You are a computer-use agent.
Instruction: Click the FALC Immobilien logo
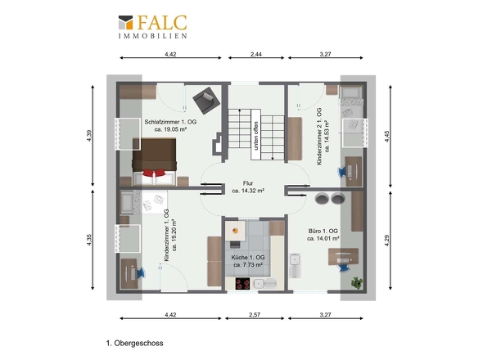point(153,27)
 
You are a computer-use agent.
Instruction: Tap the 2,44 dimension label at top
point(256,54)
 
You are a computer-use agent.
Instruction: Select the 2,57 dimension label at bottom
point(255,315)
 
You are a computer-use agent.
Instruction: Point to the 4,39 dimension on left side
point(89,136)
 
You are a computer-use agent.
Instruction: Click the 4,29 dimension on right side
point(387,241)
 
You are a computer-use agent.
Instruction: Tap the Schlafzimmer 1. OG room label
point(170,122)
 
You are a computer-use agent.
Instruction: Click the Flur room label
point(248,183)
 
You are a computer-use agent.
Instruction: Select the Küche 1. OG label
point(248,258)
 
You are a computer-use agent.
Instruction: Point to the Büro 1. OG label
point(323,231)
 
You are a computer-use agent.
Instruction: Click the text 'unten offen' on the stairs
point(256,136)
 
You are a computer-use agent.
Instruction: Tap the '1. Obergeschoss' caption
point(134,343)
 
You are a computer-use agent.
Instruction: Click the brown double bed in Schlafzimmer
point(155,162)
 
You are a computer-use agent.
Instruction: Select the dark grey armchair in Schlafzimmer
point(206,100)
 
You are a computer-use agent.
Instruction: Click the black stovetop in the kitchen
point(243,284)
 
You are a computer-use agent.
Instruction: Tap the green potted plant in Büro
point(357,283)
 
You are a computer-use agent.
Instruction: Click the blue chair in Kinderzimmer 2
point(342,172)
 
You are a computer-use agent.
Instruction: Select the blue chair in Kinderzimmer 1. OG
point(141,272)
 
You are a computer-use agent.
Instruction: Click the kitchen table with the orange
point(235,231)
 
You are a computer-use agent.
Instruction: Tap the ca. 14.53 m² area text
point(327,136)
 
